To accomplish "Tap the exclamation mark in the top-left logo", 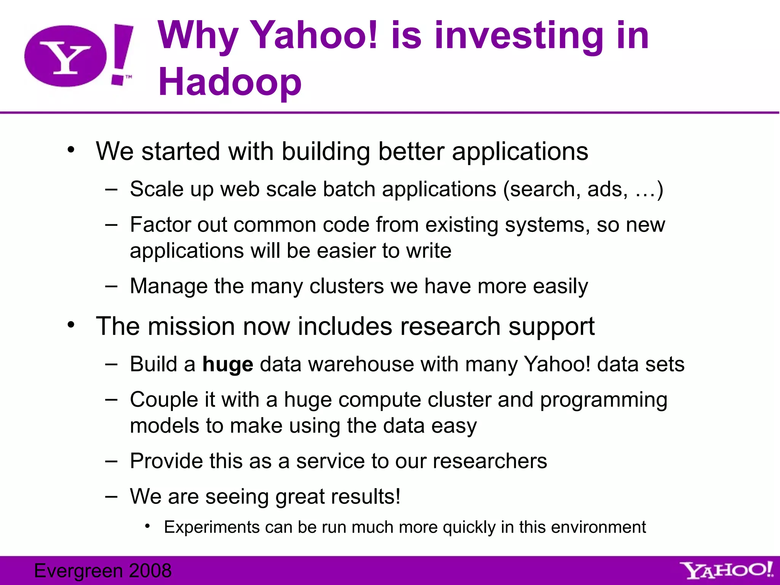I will tap(121, 53).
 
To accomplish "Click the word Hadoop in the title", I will tap(230, 82).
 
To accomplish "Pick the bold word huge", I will tap(227, 364).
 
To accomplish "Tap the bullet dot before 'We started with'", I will tap(71, 150).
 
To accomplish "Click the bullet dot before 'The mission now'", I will tap(71, 325).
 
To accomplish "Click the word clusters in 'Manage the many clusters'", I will tap(346, 286).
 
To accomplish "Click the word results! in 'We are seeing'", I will tap(365, 497).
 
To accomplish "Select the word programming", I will tap(603, 400).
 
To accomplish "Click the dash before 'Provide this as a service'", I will tap(111, 461).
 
